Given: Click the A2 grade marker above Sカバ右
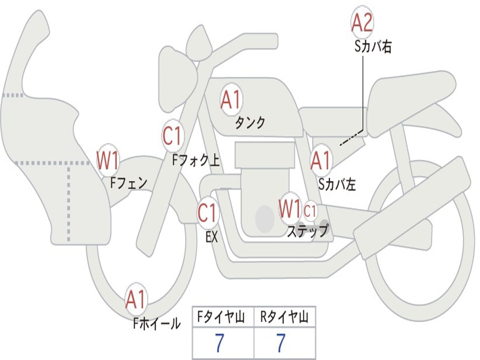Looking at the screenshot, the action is click(x=362, y=22).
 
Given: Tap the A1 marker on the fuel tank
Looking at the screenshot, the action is click(x=231, y=99).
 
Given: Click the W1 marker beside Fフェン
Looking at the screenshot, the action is click(x=107, y=160).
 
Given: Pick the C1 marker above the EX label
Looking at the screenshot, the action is click(x=207, y=212).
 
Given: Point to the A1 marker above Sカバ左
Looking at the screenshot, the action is click(x=321, y=160).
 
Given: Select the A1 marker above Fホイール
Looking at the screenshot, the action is click(x=135, y=299).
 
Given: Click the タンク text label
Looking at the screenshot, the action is click(x=250, y=123).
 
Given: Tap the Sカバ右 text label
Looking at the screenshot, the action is click(x=373, y=47).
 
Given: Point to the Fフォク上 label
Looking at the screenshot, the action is click(x=195, y=160).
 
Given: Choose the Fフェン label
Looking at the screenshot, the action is click(x=128, y=183).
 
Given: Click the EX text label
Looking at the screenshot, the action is click(x=211, y=237).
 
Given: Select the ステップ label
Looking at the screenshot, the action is click(x=307, y=231).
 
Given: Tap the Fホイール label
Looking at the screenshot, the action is click(x=157, y=323).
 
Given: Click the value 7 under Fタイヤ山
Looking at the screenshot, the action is click(x=219, y=343).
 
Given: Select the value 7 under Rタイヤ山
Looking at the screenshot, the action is click(x=281, y=343).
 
